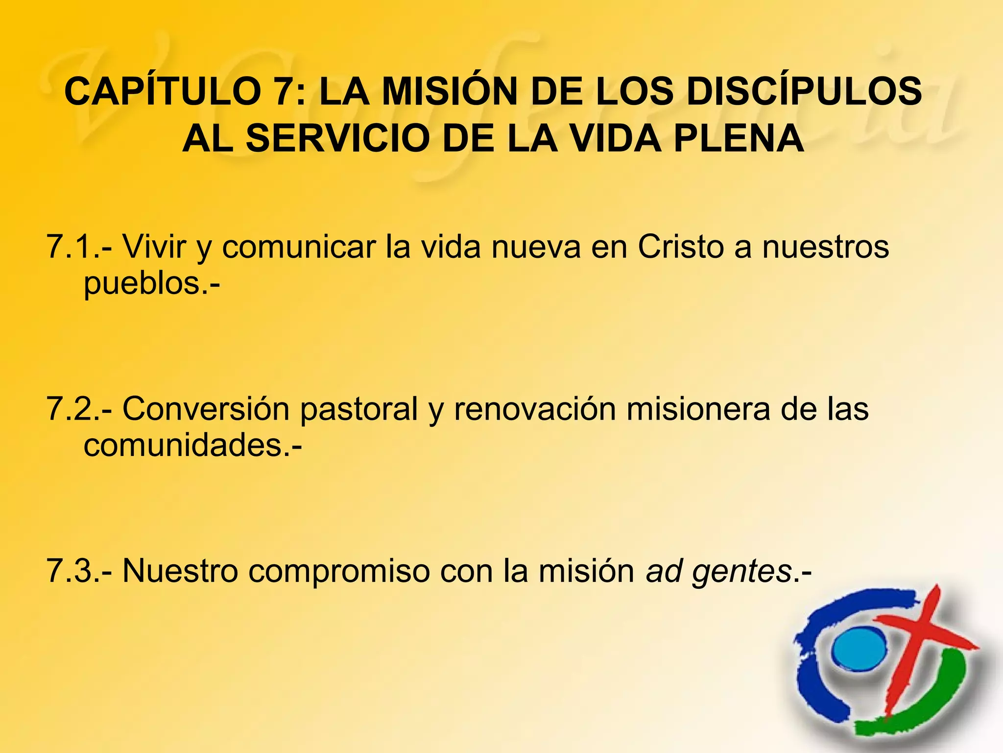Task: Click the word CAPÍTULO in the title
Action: tap(162, 91)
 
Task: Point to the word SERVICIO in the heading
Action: tap(338, 138)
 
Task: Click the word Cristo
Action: tap(681, 247)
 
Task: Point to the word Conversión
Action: tap(206, 409)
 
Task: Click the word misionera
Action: tap(698, 409)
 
